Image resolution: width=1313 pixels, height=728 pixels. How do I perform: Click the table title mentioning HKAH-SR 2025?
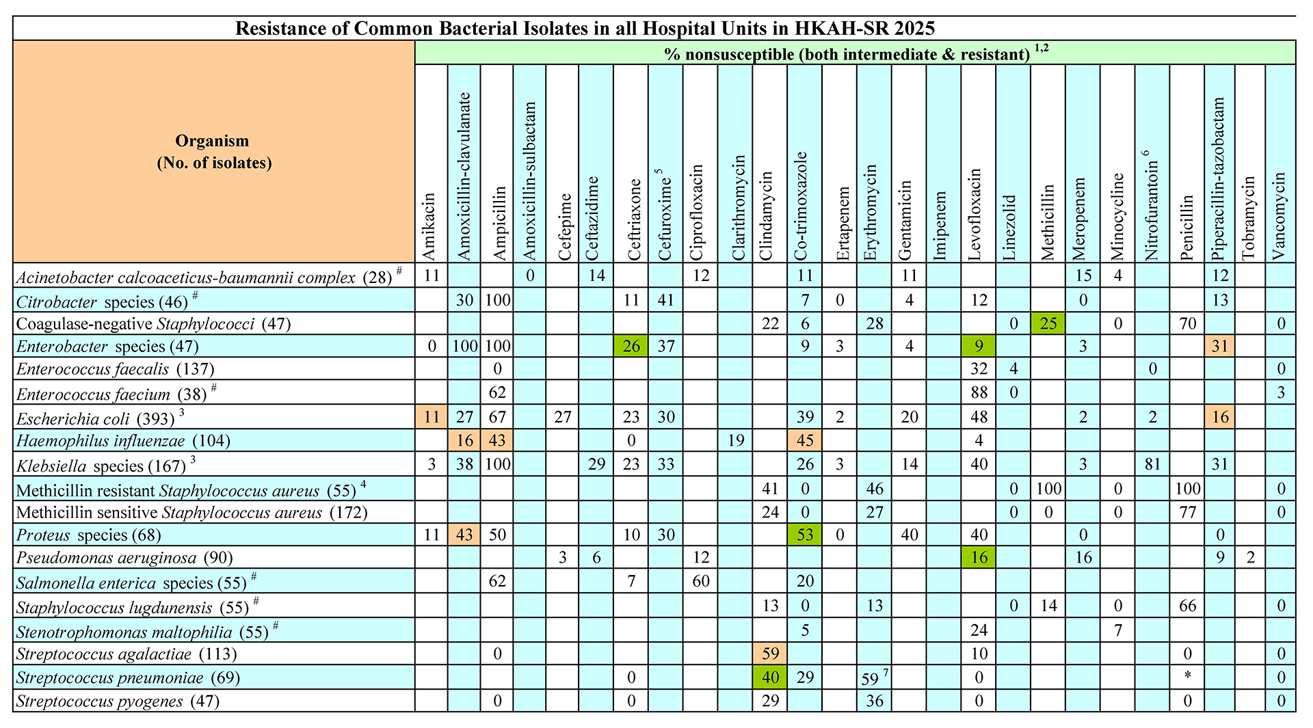585,29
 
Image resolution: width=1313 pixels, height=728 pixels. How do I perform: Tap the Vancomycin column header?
1280,164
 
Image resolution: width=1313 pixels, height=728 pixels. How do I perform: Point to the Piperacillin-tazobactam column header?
1220,164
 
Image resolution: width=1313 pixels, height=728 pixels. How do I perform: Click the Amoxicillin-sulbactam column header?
530,164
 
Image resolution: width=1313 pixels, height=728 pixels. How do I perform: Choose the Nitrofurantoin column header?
1152,164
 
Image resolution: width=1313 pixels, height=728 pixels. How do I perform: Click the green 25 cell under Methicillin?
1048,323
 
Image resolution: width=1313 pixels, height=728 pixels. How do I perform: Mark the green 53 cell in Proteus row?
805,534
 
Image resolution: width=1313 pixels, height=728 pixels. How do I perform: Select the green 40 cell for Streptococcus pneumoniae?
770,677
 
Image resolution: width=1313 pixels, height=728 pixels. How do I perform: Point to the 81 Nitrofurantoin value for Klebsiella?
1152,464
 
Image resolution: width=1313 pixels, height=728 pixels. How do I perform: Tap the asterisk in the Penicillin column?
1187,677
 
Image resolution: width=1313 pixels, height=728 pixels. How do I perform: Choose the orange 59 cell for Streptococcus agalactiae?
770,653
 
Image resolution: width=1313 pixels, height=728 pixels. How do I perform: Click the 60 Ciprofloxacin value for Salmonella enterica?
701,581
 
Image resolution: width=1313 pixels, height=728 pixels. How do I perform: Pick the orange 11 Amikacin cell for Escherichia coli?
431,416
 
